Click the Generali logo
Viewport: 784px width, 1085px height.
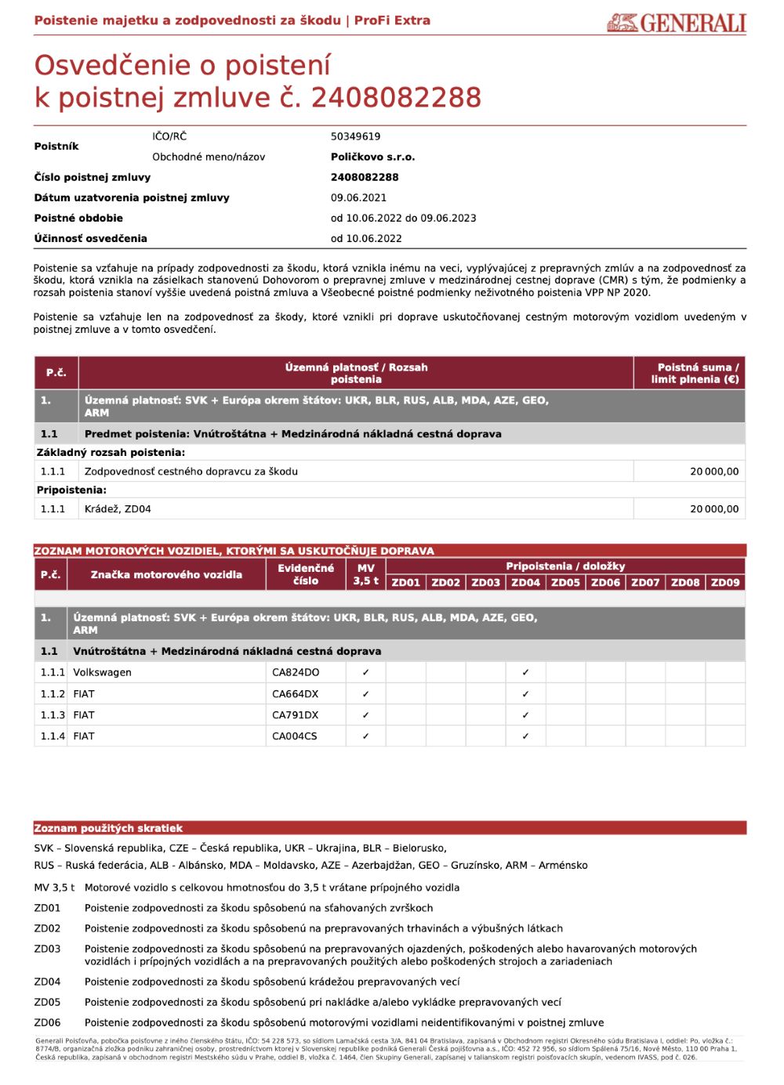coord(676,23)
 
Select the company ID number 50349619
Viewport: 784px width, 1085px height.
coord(355,136)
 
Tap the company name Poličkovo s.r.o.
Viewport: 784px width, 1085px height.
coord(372,157)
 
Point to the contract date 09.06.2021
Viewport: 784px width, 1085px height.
coord(358,197)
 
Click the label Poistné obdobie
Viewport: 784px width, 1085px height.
coord(78,218)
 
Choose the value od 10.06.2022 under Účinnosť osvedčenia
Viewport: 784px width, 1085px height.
coord(366,238)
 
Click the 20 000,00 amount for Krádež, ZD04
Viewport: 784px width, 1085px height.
coord(713,508)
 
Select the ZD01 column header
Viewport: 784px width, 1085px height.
coord(406,582)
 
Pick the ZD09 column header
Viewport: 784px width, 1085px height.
coord(725,582)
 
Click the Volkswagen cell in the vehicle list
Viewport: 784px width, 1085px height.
coord(102,672)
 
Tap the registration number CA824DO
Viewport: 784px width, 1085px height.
coord(296,672)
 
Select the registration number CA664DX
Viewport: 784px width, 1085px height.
coord(296,693)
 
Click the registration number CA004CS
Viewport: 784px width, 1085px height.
coord(295,736)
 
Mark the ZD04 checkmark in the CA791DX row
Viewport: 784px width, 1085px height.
coord(525,714)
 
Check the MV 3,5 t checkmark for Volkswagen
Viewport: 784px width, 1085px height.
coord(365,672)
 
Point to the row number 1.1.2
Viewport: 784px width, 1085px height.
coord(53,693)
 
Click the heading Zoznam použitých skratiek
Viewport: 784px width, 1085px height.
coord(108,828)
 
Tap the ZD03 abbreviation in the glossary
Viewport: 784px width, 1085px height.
coord(47,949)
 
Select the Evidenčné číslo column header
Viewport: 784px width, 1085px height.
coord(306,574)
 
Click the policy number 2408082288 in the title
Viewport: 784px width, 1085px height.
coord(396,98)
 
